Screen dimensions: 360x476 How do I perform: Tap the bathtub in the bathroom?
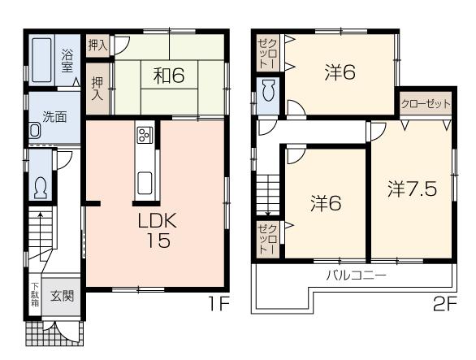pyautogui.click(x=41, y=59)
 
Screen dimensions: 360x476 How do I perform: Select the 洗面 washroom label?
pyautogui.click(x=54, y=115)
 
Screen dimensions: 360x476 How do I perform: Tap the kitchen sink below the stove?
pyautogui.click(x=145, y=182)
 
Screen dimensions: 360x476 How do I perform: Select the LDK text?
pyautogui.click(x=154, y=220)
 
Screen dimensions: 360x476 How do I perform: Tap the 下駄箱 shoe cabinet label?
pyautogui.click(x=34, y=294)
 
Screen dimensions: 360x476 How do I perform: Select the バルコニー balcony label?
pyautogui.click(x=356, y=275)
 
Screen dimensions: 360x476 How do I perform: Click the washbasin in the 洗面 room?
pyautogui.click(x=36, y=131)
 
